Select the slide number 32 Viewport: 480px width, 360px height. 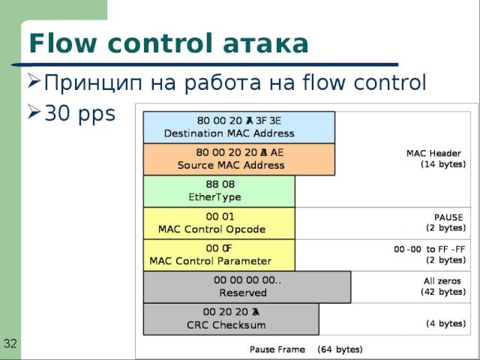tap(10, 343)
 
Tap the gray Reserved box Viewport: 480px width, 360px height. tap(247, 286)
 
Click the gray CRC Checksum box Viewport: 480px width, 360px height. tap(230, 318)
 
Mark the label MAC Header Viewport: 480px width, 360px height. tap(433, 154)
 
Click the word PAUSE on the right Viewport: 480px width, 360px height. tap(448, 217)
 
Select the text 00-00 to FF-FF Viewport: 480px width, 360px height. tap(429, 249)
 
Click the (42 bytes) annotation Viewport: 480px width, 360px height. tap(442, 291)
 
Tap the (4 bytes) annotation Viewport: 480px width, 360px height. tap(445, 323)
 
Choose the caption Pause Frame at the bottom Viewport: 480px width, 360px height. tap(277, 349)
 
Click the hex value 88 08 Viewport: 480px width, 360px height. tap(219, 184)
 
